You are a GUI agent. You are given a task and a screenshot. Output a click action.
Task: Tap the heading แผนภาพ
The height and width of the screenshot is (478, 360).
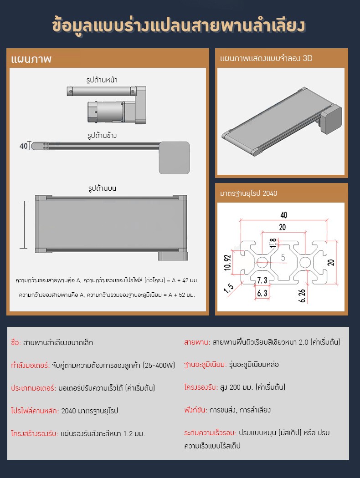pos(31,60)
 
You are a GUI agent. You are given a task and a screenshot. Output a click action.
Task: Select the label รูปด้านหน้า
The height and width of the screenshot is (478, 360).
pos(102,80)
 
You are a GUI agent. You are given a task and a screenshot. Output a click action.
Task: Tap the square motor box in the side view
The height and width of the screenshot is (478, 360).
pos(174,157)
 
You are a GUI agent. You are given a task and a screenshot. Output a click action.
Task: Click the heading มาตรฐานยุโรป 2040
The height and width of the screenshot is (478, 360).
pos(248,193)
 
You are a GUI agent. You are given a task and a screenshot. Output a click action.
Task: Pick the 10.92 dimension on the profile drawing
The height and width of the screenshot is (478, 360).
pos(228,263)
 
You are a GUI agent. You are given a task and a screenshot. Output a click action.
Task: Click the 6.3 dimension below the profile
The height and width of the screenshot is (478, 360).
pos(262,294)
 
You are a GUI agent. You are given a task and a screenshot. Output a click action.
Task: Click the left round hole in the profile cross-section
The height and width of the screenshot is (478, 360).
pos(262,263)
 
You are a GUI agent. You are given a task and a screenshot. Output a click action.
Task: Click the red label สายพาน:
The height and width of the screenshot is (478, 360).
pos(196,342)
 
